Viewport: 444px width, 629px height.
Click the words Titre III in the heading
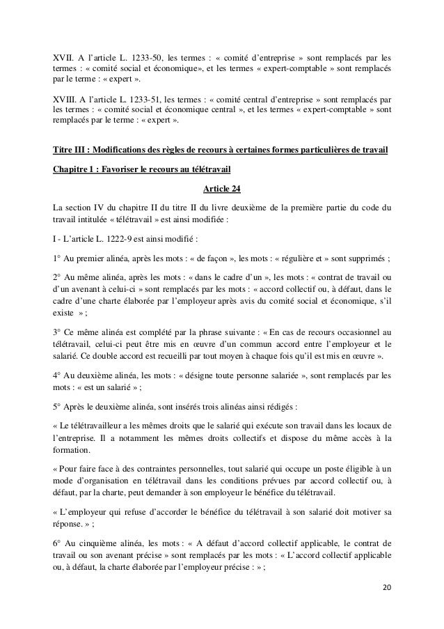point(71,150)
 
